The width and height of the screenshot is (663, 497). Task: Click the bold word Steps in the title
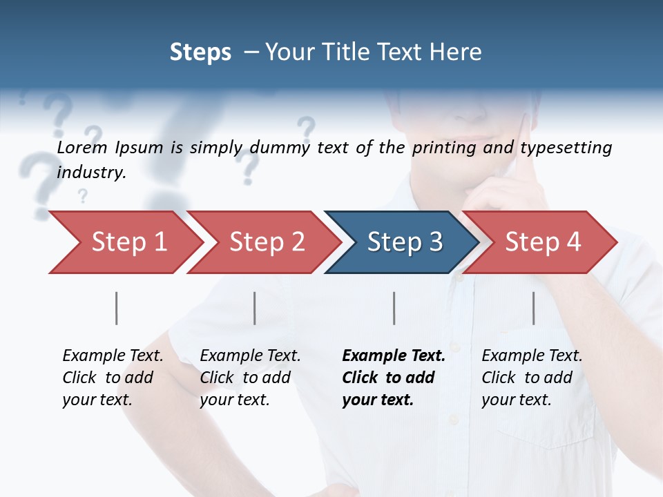tap(200, 52)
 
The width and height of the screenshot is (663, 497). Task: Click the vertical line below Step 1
tap(117, 308)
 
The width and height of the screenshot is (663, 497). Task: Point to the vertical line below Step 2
tap(255, 308)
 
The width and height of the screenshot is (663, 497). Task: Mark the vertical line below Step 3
tap(394, 308)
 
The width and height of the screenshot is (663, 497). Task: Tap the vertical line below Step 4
tap(534, 308)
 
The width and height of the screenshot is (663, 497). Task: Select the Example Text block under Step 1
tap(113, 378)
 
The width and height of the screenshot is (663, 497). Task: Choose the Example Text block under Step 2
tap(250, 378)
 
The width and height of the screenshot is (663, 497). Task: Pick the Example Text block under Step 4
tap(532, 378)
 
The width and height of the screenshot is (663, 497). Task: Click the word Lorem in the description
tap(82, 148)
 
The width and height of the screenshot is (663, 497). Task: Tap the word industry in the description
tap(91, 173)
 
